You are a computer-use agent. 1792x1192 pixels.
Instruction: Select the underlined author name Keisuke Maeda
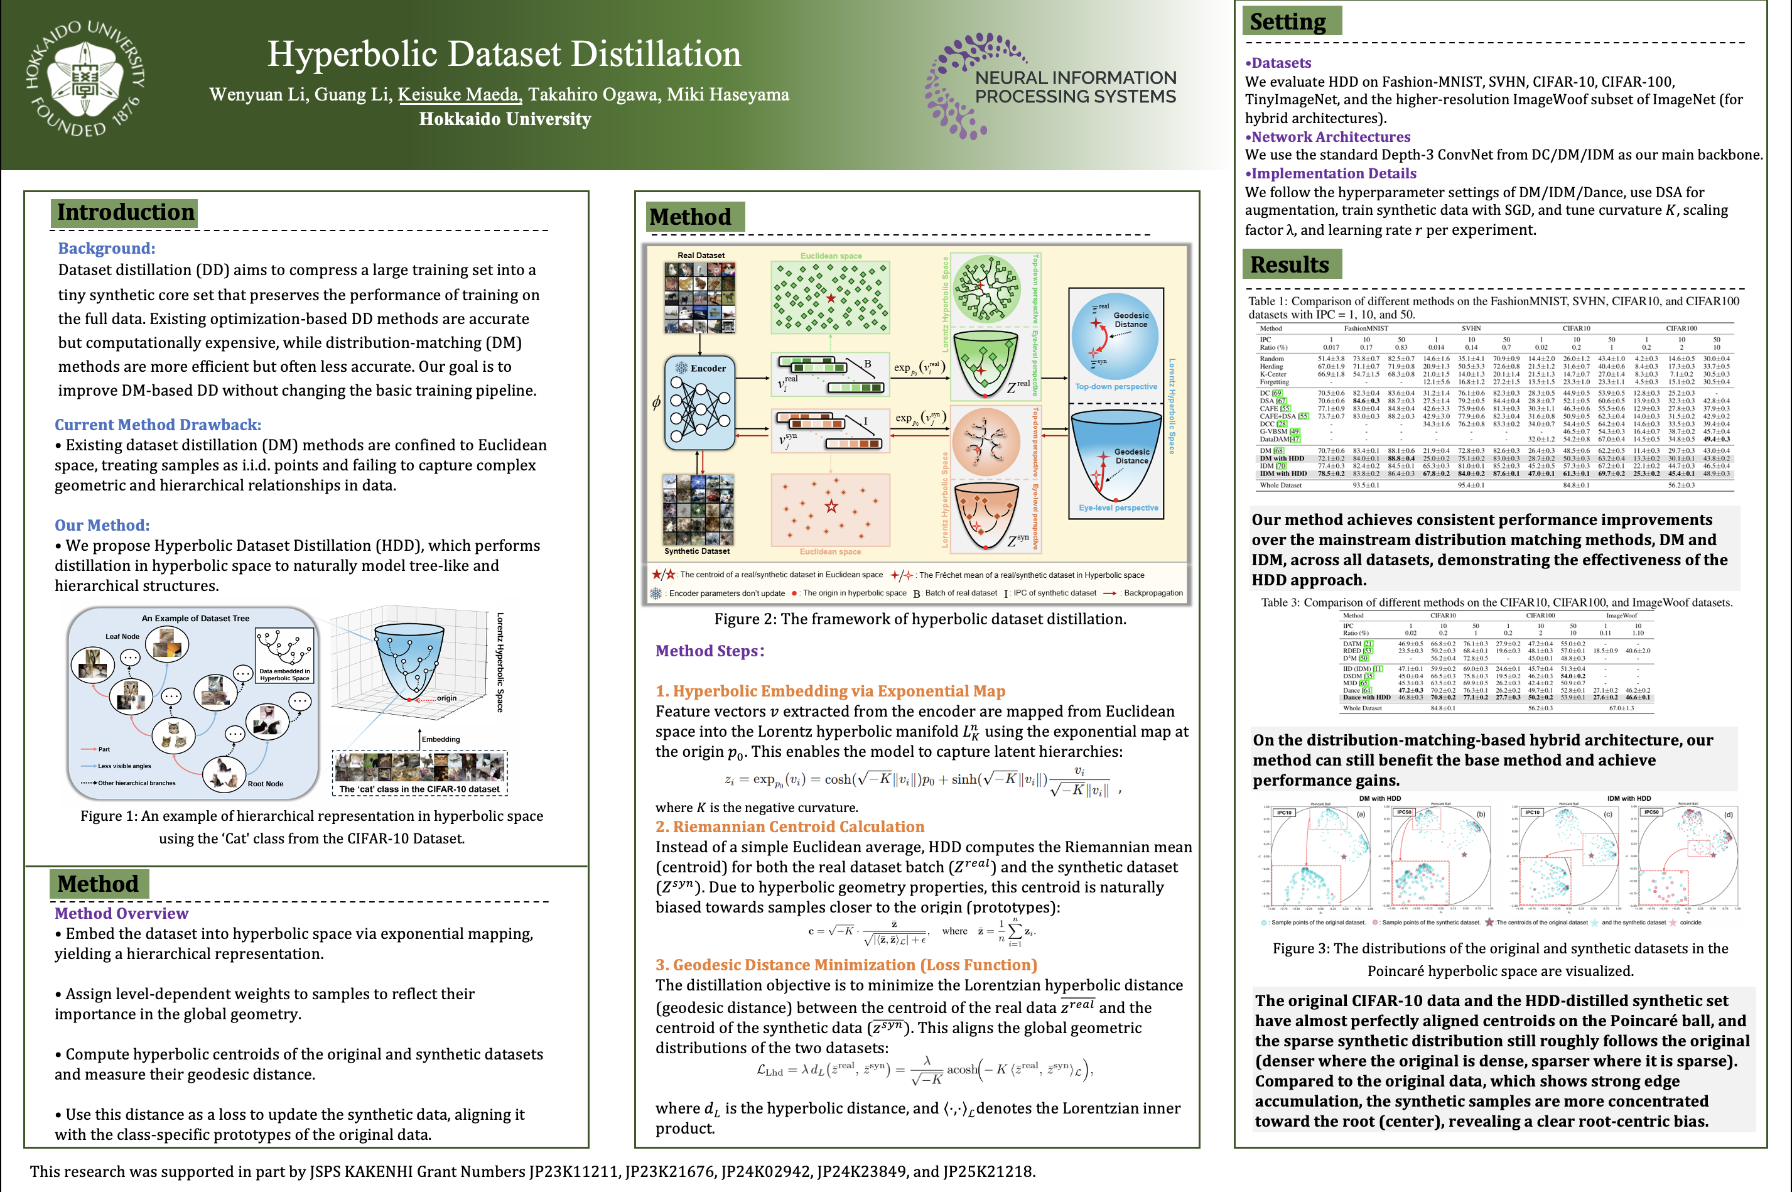459,94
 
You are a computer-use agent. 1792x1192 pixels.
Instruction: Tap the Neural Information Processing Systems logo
1050,86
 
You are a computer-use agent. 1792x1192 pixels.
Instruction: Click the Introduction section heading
126,212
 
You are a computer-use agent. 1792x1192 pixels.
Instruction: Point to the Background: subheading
106,248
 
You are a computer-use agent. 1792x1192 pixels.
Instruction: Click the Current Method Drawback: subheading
158,424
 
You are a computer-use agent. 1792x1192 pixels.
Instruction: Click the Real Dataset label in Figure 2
701,256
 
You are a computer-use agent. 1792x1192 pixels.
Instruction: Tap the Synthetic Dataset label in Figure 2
697,551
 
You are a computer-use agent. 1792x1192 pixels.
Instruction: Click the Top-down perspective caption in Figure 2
1116,386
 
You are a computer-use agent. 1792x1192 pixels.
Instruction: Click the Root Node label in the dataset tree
265,784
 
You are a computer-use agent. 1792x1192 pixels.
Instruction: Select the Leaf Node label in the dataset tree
122,636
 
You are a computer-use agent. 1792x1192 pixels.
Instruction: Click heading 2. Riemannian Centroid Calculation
790,826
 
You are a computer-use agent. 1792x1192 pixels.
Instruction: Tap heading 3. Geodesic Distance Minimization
846,965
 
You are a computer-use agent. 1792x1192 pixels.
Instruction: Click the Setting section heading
1287,22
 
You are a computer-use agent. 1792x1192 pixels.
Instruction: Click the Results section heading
1289,264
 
